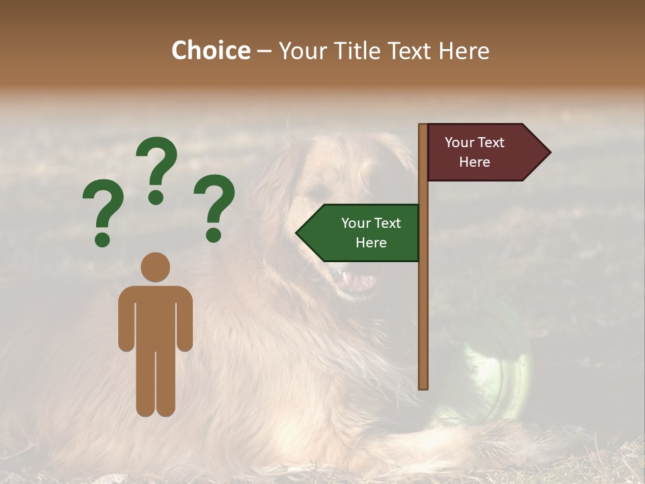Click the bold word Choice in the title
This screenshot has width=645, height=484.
coord(210,51)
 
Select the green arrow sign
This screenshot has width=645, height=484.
coord(363,233)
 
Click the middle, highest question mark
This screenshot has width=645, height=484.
coord(157,168)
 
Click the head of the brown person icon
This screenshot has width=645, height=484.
coord(155,267)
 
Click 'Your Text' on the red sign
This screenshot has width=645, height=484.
coord(474,143)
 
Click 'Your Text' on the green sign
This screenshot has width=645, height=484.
coord(371,223)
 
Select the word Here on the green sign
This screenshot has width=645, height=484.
coord(371,243)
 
